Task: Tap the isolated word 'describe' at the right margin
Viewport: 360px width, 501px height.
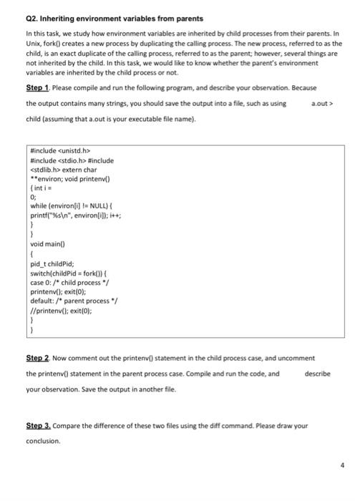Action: coord(317,373)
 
